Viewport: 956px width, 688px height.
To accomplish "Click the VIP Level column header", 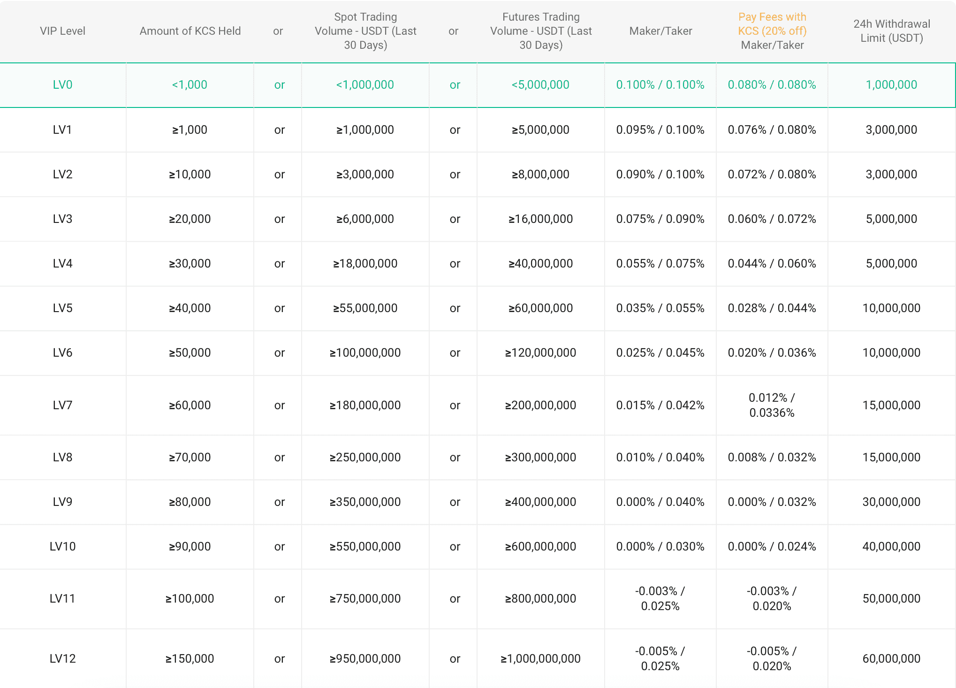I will (62, 31).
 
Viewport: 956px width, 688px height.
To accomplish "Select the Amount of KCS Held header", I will (190, 31).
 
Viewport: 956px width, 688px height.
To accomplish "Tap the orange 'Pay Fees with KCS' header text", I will (772, 24).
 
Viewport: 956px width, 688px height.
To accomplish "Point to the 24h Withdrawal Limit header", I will (891, 31).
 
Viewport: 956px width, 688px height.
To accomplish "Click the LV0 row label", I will (62, 85).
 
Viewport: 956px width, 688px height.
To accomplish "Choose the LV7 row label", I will (62, 405).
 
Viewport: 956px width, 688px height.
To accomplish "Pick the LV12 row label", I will (62, 658).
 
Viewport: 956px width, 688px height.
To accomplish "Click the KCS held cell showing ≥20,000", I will (190, 219).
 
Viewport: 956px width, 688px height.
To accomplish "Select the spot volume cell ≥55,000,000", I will (365, 308).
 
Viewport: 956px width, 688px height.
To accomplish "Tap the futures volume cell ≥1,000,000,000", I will (540, 658).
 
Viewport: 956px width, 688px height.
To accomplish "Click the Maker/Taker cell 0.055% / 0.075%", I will (660, 263).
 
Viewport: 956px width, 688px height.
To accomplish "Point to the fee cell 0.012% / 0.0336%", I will (772, 405).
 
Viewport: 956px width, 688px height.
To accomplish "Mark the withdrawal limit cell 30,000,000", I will (891, 502).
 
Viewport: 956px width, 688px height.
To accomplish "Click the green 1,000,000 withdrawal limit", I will (891, 85).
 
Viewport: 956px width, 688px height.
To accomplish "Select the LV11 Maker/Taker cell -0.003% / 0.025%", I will (660, 598).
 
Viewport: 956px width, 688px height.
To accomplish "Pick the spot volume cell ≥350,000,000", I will (365, 502).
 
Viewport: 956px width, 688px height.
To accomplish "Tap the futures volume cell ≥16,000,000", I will (540, 219).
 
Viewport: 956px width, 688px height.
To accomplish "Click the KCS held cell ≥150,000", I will (190, 658).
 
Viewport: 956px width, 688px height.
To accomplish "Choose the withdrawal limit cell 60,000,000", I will (891, 658).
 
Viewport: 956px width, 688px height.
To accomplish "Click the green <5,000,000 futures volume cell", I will (540, 85).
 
